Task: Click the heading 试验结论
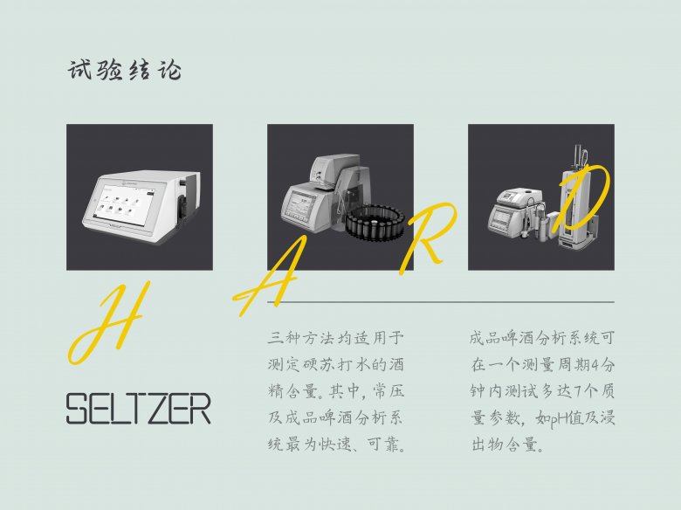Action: (125, 70)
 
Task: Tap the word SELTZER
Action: (139, 409)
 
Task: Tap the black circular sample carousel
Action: (375, 221)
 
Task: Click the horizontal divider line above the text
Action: (440, 301)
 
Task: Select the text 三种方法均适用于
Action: (336, 338)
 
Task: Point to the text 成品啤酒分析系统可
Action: (542, 338)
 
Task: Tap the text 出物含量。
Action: (507, 445)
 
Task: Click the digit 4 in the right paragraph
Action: (596, 365)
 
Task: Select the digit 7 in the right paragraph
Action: (577, 391)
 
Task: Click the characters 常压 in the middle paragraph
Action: (389, 391)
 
